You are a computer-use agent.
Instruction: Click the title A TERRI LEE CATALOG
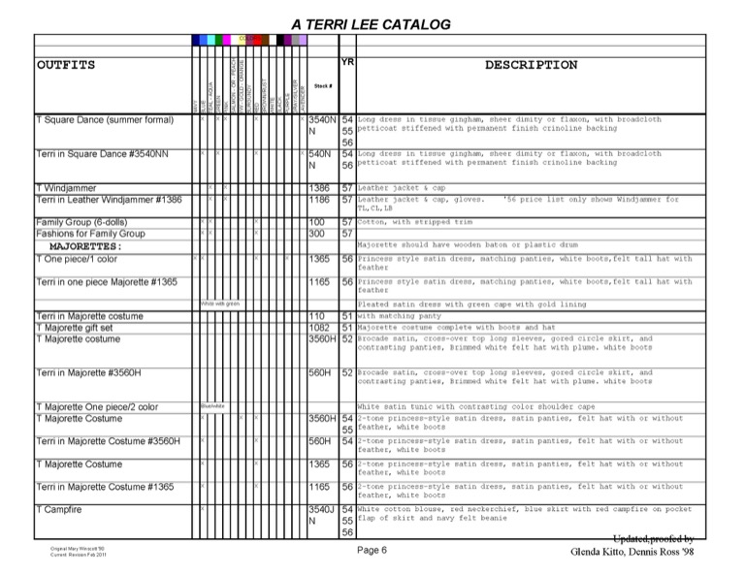tap(371, 23)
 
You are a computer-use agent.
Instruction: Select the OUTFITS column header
tap(66, 65)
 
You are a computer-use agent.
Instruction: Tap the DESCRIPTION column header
tap(531, 65)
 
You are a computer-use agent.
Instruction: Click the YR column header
tap(347, 61)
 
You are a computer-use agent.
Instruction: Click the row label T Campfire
tap(58, 509)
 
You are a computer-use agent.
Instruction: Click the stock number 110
tap(316, 316)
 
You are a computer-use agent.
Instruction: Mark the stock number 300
tap(316, 234)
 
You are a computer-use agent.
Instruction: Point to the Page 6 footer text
tap(372, 551)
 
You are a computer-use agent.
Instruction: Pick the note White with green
tap(220, 304)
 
